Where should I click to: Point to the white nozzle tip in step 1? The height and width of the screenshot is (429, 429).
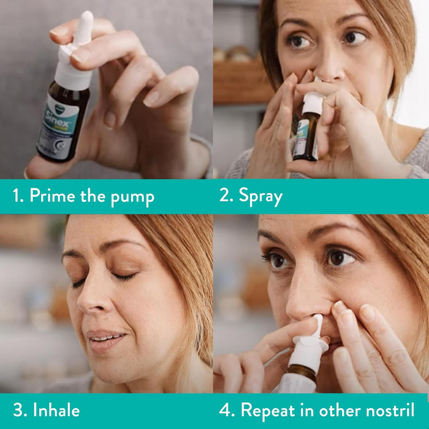(84, 21)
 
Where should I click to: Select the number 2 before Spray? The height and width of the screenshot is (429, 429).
(225, 197)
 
